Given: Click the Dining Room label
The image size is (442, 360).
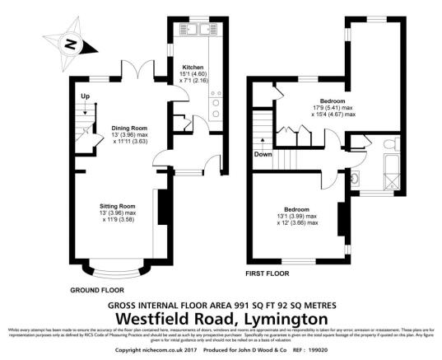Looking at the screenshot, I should [x=127, y=128].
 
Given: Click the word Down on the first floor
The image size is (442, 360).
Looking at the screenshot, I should [x=263, y=154].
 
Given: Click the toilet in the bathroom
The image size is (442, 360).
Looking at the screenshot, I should [x=391, y=143].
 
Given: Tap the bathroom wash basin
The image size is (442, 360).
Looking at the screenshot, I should [x=356, y=179].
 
